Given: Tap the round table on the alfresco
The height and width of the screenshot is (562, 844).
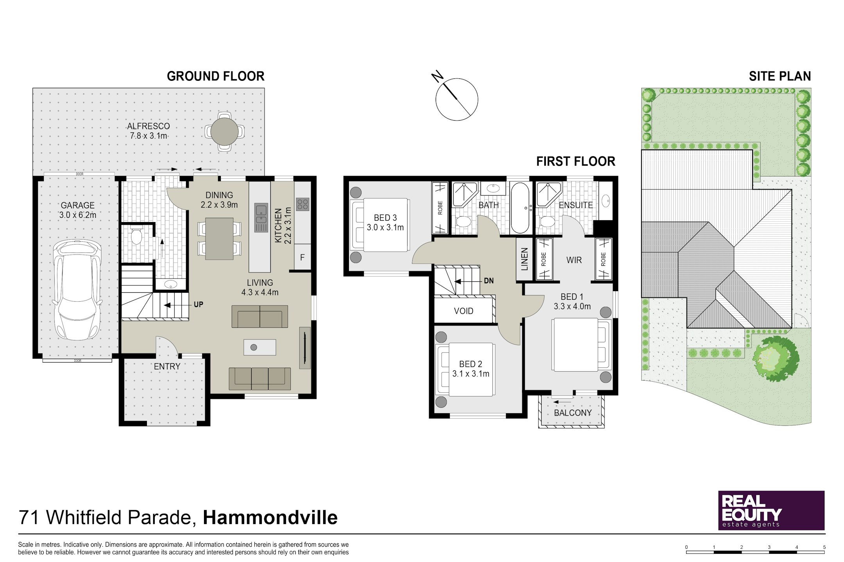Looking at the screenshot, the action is pyautogui.click(x=224, y=132).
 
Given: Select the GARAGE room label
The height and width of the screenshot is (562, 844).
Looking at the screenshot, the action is pyautogui.click(x=77, y=205).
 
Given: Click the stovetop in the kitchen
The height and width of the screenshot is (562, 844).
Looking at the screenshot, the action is pyautogui.click(x=302, y=204).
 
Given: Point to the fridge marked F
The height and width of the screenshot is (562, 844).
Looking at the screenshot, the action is pyautogui.click(x=302, y=257).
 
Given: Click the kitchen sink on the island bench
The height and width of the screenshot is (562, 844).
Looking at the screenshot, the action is pyautogui.click(x=261, y=217).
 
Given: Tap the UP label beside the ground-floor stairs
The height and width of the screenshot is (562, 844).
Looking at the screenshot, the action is pyautogui.click(x=198, y=304).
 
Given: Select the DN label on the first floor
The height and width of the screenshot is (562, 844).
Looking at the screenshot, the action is pyautogui.click(x=488, y=281).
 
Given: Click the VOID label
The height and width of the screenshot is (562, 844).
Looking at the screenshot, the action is pyautogui.click(x=463, y=311).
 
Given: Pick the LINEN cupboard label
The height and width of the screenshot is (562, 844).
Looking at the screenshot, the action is pyautogui.click(x=524, y=259).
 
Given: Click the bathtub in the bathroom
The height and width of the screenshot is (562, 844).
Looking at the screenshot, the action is pyautogui.click(x=520, y=208).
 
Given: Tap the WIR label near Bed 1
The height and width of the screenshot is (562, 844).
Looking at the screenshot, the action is pyautogui.click(x=574, y=260).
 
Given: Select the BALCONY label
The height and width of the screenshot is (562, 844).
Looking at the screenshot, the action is pyautogui.click(x=572, y=413).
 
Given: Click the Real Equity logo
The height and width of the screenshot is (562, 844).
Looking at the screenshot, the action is pyautogui.click(x=771, y=510).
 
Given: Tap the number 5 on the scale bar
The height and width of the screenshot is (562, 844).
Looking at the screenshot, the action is pyautogui.click(x=824, y=547).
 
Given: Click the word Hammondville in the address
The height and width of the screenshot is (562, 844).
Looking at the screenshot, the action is pyautogui.click(x=270, y=518).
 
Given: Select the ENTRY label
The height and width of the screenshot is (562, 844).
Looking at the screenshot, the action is pyautogui.click(x=167, y=366).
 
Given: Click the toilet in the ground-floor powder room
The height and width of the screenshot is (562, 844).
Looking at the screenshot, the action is pyautogui.click(x=136, y=237).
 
